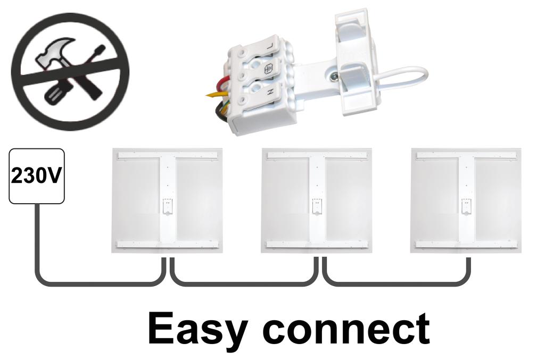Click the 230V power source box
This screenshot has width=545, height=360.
pos(37,176)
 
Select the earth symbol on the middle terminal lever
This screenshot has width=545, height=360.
pos(268,69)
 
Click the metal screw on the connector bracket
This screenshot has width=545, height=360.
pos(333,78)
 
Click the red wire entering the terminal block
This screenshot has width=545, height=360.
pos(220,85)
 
